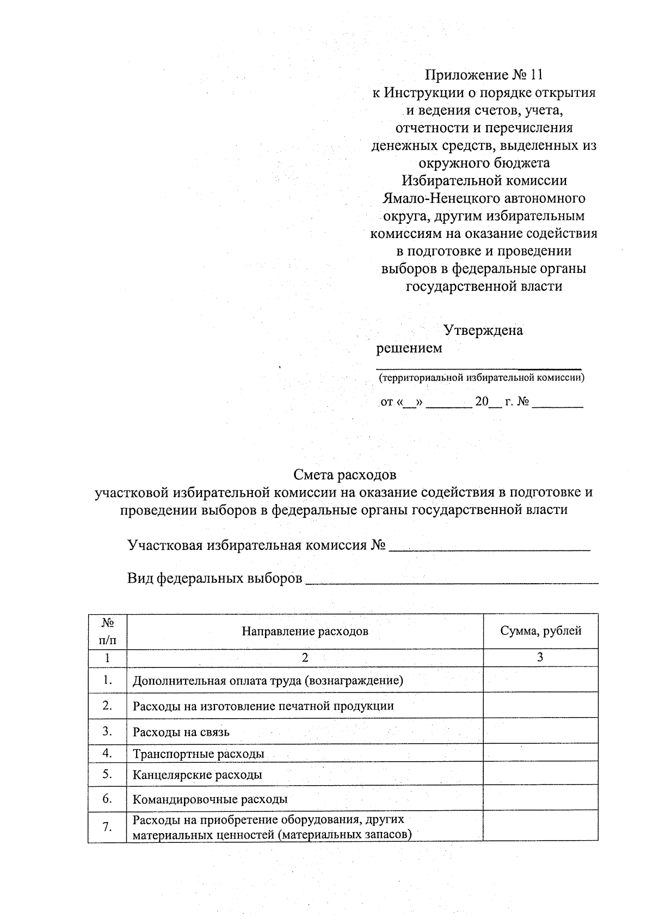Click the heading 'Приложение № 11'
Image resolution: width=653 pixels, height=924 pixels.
[x=484, y=75]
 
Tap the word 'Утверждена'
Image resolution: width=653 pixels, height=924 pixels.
[x=483, y=330]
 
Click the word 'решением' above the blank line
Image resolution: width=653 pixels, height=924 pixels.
[x=409, y=348]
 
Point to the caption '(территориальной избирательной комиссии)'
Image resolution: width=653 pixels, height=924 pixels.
[x=482, y=377]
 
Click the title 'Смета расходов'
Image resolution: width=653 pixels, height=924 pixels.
[x=344, y=475]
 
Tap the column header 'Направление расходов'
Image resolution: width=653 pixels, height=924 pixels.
[x=305, y=631]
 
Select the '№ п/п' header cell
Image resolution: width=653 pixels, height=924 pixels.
[x=107, y=631]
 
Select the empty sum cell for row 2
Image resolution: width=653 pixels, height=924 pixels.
[x=540, y=706]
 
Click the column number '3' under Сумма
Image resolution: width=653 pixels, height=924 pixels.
[x=540, y=657]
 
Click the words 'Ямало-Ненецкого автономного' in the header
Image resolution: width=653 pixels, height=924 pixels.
[x=484, y=198]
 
